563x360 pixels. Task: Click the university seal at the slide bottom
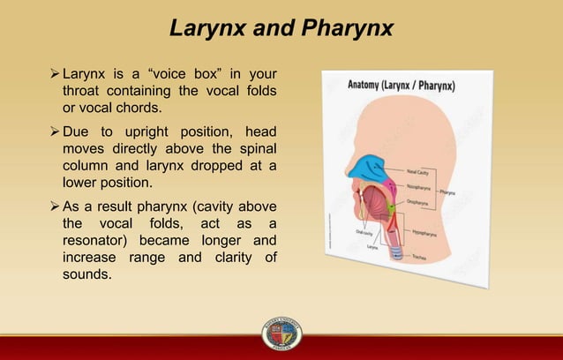click(x=281, y=334)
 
